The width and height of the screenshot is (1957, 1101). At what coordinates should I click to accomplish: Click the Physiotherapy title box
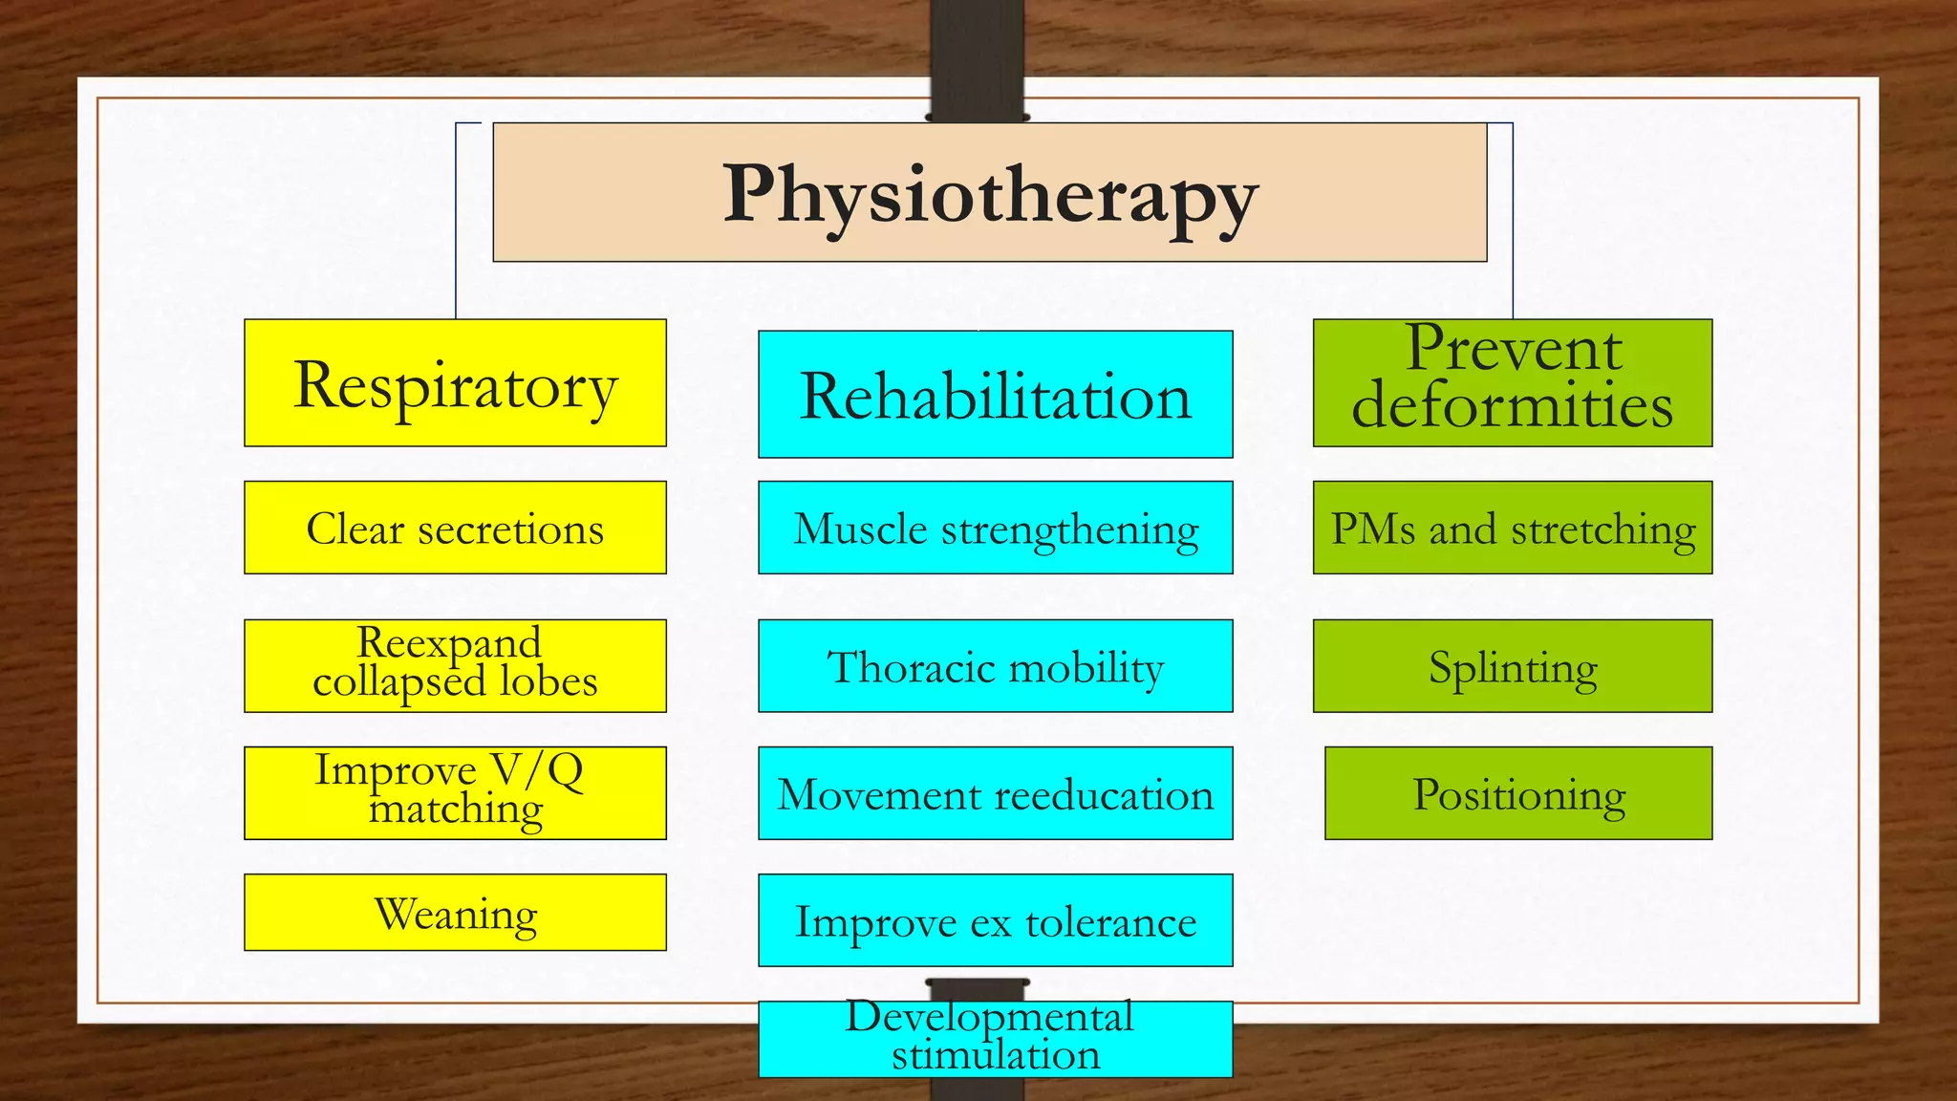[x=989, y=192]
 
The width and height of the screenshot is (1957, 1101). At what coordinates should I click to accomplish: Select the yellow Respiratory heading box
[x=455, y=382]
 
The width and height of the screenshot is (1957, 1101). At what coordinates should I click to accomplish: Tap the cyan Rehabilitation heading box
[x=995, y=394]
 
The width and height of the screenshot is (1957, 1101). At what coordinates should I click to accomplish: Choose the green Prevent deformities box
[x=1512, y=382]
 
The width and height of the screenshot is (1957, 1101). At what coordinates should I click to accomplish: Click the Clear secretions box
[x=455, y=528]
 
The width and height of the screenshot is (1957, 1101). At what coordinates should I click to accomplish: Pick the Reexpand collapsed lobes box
[x=455, y=665]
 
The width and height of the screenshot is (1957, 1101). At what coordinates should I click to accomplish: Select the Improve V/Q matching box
[x=455, y=792]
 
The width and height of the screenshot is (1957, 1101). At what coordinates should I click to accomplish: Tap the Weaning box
[x=455, y=912]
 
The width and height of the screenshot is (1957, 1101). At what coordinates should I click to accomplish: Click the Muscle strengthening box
[x=995, y=528]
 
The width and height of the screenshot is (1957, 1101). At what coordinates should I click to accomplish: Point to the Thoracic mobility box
[x=995, y=665]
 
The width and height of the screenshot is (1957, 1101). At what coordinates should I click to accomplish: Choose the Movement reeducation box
[x=995, y=792]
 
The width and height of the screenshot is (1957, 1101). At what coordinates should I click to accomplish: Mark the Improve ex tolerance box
[x=995, y=919]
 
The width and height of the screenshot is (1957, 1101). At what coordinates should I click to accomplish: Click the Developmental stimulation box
[x=995, y=1039]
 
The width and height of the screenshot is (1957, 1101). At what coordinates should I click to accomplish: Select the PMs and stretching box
[x=1512, y=528]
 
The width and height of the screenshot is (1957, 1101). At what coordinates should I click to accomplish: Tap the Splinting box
[x=1512, y=665]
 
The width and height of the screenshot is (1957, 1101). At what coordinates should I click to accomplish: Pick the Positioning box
[x=1517, y=792]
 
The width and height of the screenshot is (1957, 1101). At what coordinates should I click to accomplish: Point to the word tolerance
[x=1110, y=923]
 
